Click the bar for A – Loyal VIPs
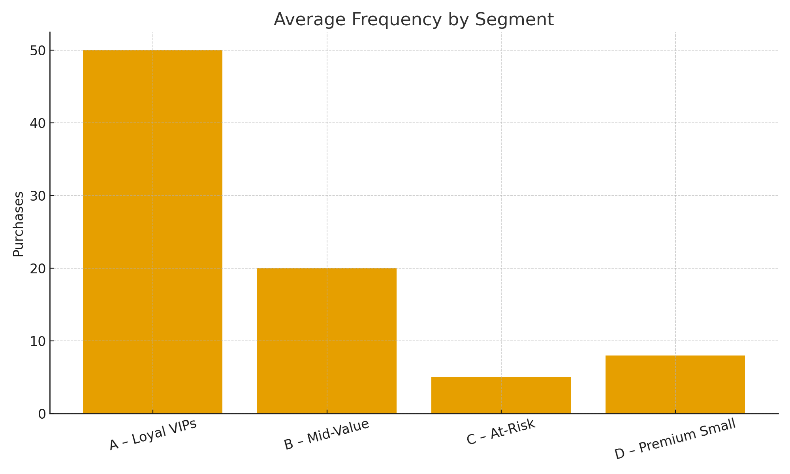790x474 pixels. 152,232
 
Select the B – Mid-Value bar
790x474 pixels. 327,341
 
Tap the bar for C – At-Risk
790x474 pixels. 501,395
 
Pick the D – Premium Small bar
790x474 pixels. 675,384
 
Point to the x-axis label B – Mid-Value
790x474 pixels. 327,434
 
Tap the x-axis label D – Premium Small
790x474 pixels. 675,439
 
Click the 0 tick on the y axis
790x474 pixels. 42,414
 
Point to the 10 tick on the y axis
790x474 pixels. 38,341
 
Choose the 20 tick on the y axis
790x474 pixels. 38,269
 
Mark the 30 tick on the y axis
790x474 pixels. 38,196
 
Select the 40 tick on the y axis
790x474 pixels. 38,123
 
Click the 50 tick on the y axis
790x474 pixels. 38,51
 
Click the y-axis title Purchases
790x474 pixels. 18,224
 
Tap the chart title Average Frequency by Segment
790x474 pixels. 414,19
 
